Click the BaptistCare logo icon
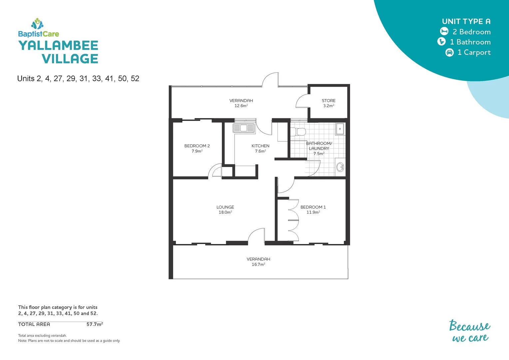pyautogui.click(x=37, y=23)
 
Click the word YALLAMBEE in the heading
pyautogui.click(x=58, y=46)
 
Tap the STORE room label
pyautogui.click(x=328, y=100)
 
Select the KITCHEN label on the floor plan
pyautogui.click(x=260, y=146)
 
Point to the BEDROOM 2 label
pyautogui.click(x=197, y=146)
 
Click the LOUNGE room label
pyautogui.click(x=225, y=207)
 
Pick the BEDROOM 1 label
pyautogui.click(x=313, y=207)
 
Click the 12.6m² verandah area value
pyautogui.click(x=241, y=106)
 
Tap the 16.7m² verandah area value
pyautogui.click(x=258, y=264)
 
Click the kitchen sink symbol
pyautogui.click(x=244, y=128)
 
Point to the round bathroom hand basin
pyautogui.click(x=340, y=167)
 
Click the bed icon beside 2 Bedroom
pyautogui.click(x=444, y=31)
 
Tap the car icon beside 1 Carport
pyautogui.click(x=449, y=52)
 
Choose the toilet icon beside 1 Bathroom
pyautogui.click(x=441, y=42)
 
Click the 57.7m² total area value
pyautogui.click(x=95, y=324)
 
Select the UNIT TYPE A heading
pyautogui.click(x=466, y=21)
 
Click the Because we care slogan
pyautogui.click(x=470, y=331)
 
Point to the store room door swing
pyautogui.click(x=302, y=101)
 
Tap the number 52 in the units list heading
pyautogui.click(x=135, y=79)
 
